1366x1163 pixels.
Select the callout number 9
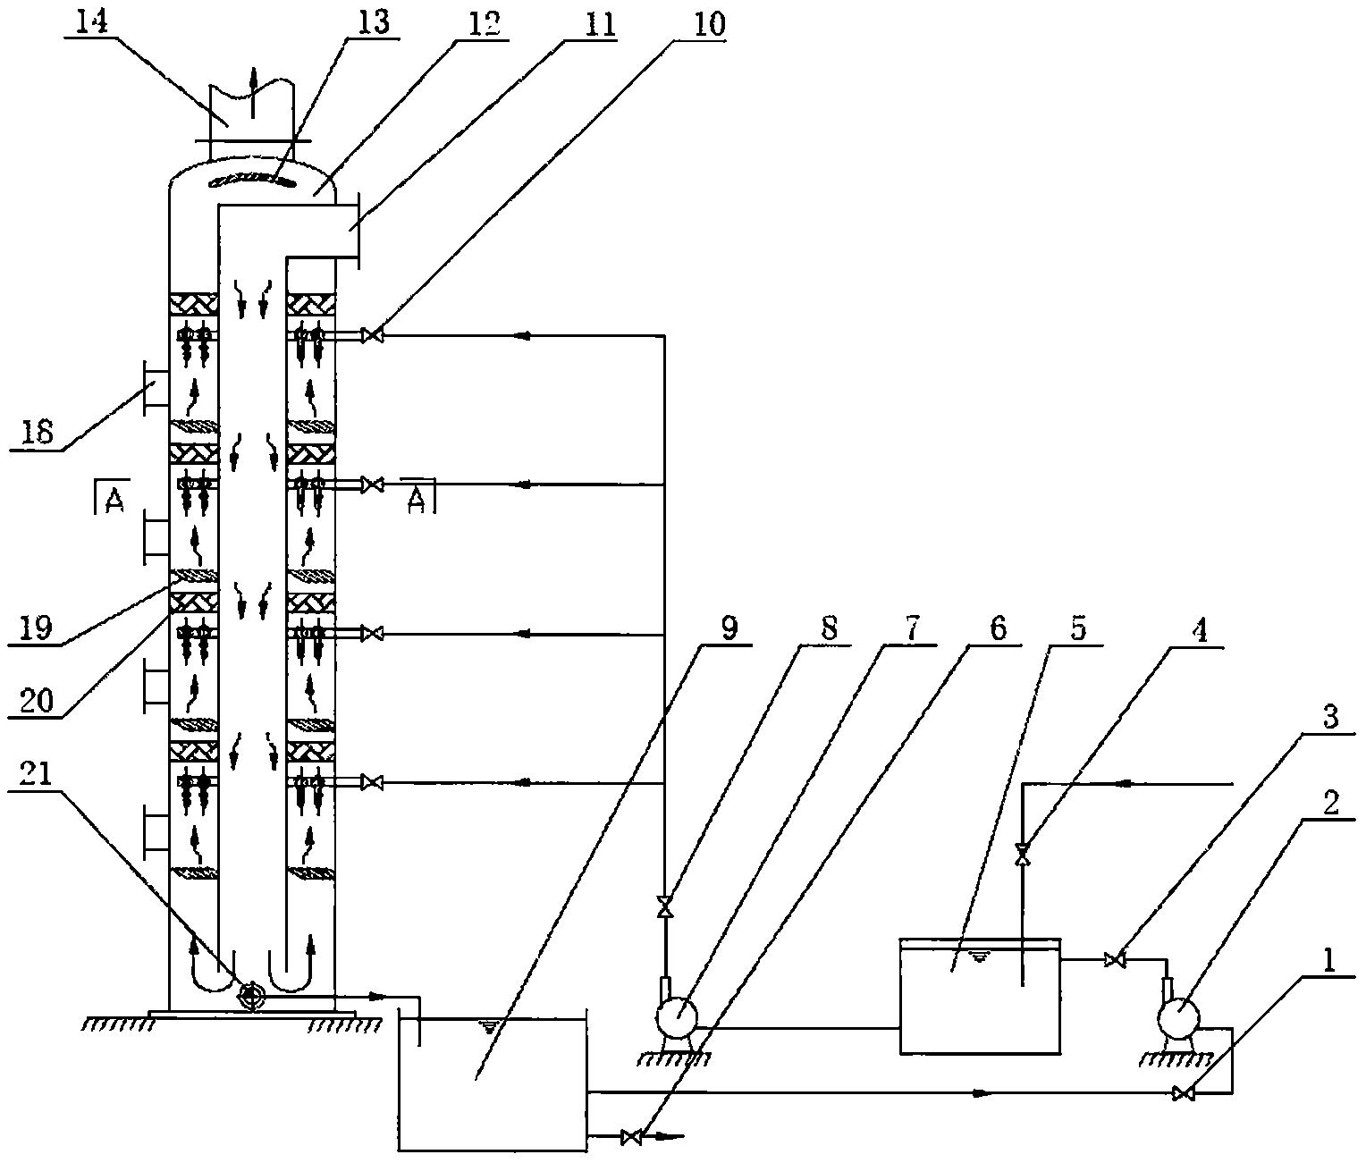[x=729, y=628]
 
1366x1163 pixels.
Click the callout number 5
[x=1079, y=628]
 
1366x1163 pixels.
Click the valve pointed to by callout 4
[x=1023, y=855]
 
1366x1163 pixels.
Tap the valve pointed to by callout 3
[x=1115, y=960]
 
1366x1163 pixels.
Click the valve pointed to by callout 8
[x=664, y=907]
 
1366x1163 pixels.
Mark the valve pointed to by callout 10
[x=374, y=336]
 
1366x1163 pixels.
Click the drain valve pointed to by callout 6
[x=631, y=1137]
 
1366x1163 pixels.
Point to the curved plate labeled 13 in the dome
[x=252, y=182]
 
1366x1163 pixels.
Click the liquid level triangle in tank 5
[x=981, y=958]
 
